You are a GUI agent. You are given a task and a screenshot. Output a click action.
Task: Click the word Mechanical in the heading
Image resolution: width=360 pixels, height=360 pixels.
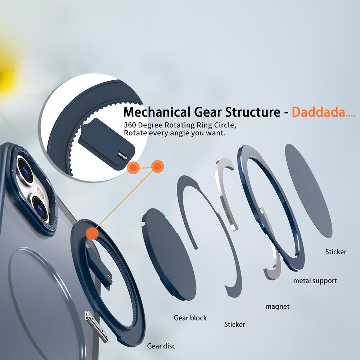[x=156, y=112]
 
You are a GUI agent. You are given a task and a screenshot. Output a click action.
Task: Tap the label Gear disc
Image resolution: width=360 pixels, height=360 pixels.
[x=161, y=346]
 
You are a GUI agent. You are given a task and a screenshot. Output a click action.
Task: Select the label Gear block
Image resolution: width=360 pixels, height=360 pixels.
[x=190, y=318]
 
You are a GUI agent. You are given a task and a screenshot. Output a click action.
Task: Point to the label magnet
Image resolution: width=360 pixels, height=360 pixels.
[x=277, y=307]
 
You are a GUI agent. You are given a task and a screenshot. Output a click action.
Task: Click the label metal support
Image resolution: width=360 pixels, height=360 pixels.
[x=315, y=280]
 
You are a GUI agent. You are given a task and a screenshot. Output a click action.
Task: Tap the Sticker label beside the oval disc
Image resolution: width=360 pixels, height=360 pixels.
[x=336, y=252]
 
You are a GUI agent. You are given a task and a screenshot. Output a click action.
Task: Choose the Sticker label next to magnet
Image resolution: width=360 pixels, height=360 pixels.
[x=234, y=324]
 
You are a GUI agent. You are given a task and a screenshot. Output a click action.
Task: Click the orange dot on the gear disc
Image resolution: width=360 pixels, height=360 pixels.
[x=93, y=233]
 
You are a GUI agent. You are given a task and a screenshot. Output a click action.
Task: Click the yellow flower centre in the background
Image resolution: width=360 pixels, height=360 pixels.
[x=5, y=76]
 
